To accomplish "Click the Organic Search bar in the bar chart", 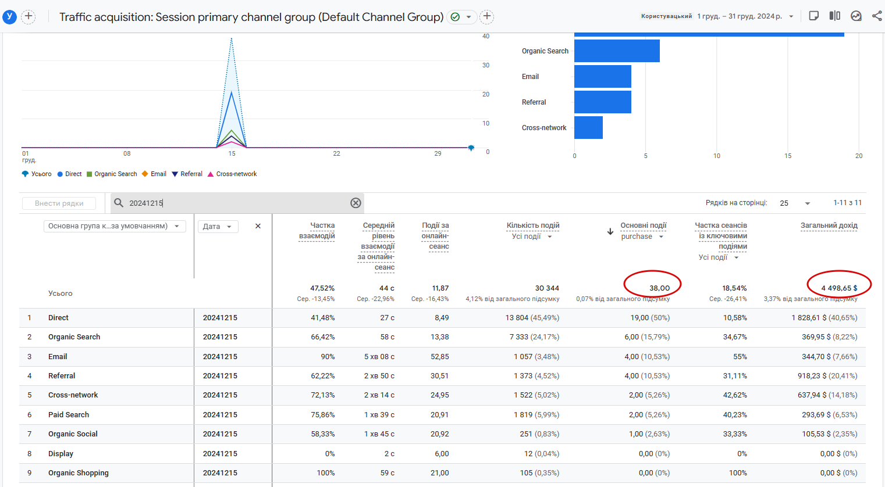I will click(x=617, y=51).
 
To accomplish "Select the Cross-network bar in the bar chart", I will click(x=588, y=128).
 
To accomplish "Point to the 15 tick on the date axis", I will click(x=232, y=153).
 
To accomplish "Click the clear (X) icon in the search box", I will click(x=356, y=203).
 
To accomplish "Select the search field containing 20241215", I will click(x=233, y=203).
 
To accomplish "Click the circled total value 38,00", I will click(x=659, y=288).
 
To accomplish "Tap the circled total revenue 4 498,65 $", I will click(x=839, y=288).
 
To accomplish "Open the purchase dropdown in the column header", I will click(x=642, y=237).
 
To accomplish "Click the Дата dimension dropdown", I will click(x=218, y=227).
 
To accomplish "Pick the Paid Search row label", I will click(x=69, y=415).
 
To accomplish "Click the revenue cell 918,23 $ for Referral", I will click(x=827, y=376).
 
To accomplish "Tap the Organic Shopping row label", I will click(x=79, y=473).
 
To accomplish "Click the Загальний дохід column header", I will click(x=829, y=225).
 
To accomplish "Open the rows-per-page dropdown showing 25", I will click(x=795, y=203).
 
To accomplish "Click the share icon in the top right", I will click(x=877, y=16).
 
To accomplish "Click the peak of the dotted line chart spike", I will click(x=232, y=39).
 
